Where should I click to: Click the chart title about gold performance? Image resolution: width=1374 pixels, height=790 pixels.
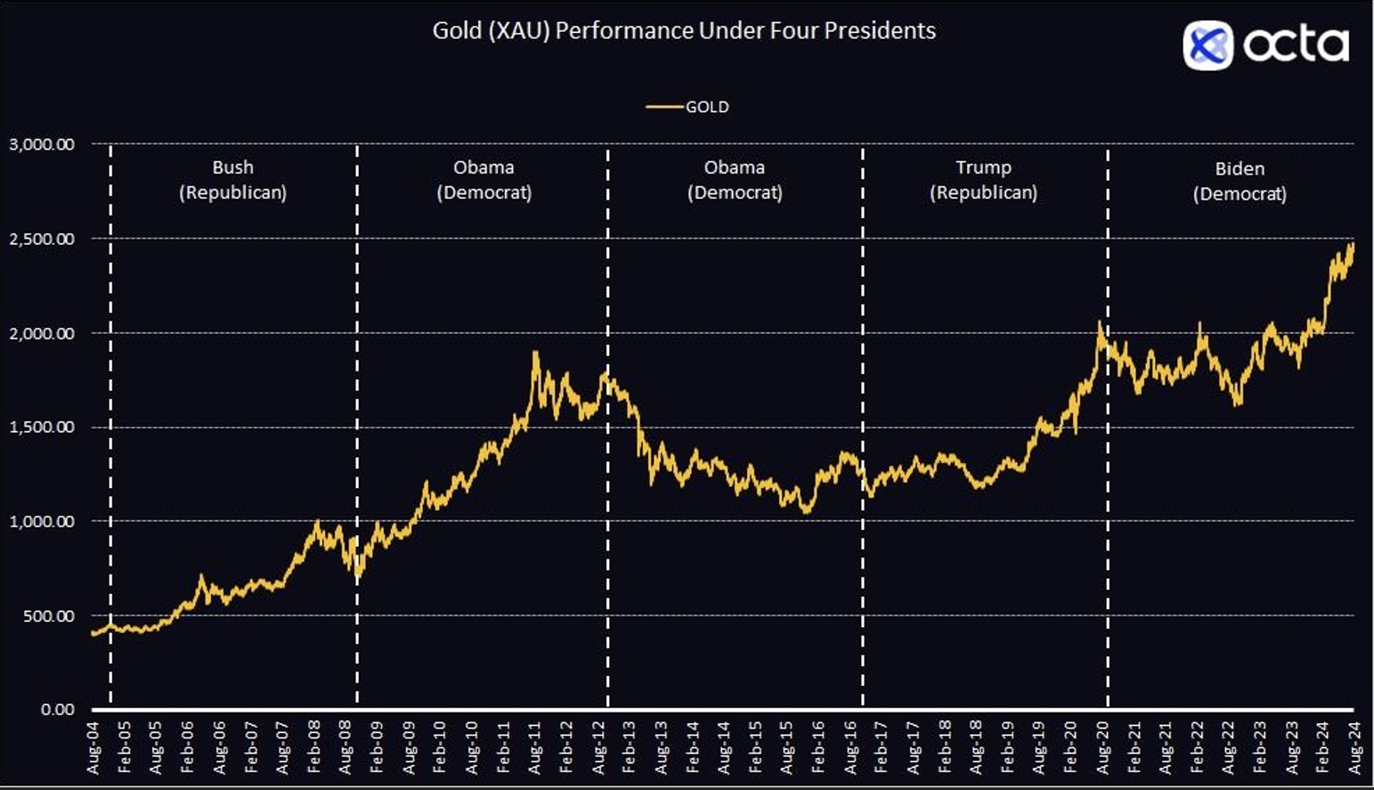click(x=684, y=30)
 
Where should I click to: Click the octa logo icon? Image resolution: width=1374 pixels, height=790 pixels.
click(x=1207, y=45)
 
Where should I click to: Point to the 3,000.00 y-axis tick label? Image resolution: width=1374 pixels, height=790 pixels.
click(x=42, y=144)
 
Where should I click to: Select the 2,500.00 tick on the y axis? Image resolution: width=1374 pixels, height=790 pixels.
click(x=42, y=239)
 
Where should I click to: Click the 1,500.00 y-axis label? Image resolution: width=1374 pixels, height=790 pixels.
click(x=42, y=428)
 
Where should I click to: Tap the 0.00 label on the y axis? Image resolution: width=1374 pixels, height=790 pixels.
click(x=57, y=710)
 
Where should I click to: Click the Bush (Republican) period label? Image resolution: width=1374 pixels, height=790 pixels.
click(x=232, y=180)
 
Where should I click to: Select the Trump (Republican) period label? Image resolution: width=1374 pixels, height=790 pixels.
click(x=983, y=180)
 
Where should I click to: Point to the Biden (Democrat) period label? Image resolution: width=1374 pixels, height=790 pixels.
click(x=1240, y=181)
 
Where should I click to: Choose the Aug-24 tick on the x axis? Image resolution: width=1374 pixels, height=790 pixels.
click(x=1354, y=748)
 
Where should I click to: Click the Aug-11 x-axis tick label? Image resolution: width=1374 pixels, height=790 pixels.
click(x=535, y=748)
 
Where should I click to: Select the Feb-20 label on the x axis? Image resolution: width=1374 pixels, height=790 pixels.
click(x=1071, y=748)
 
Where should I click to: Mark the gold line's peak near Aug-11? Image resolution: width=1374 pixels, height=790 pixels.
click(x=535, y=353)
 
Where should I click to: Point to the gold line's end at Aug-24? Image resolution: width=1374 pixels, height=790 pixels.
click(x=1353, y=244)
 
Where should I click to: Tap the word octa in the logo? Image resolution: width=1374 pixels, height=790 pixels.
click(x=1296, y=45)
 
